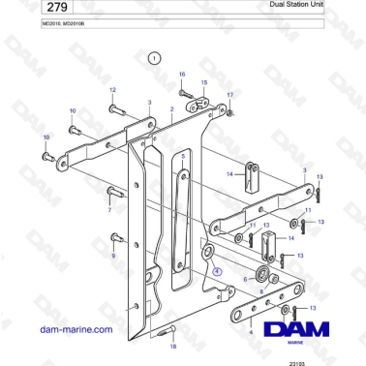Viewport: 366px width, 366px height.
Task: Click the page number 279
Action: (26, 11)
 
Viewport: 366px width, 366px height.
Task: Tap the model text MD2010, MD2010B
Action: (44, 31)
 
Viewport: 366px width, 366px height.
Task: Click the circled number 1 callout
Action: (153, 59)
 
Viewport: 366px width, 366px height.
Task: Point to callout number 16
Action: (181, 75)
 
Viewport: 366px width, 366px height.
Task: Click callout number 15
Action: (203, 83)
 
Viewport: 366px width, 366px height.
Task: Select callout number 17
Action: (229, 94)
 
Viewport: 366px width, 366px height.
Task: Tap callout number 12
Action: (111, 90)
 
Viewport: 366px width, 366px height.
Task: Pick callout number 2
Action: (171, 110)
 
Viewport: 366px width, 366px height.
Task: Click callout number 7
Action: (109, 209)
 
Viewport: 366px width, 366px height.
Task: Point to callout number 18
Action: (173, 346)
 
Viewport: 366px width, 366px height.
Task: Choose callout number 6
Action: (245, 279)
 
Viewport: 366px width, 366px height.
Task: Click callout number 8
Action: (249, 290)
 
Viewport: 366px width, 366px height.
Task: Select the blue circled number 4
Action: (217, 272)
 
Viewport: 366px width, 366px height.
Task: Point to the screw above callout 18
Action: (163, 329)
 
